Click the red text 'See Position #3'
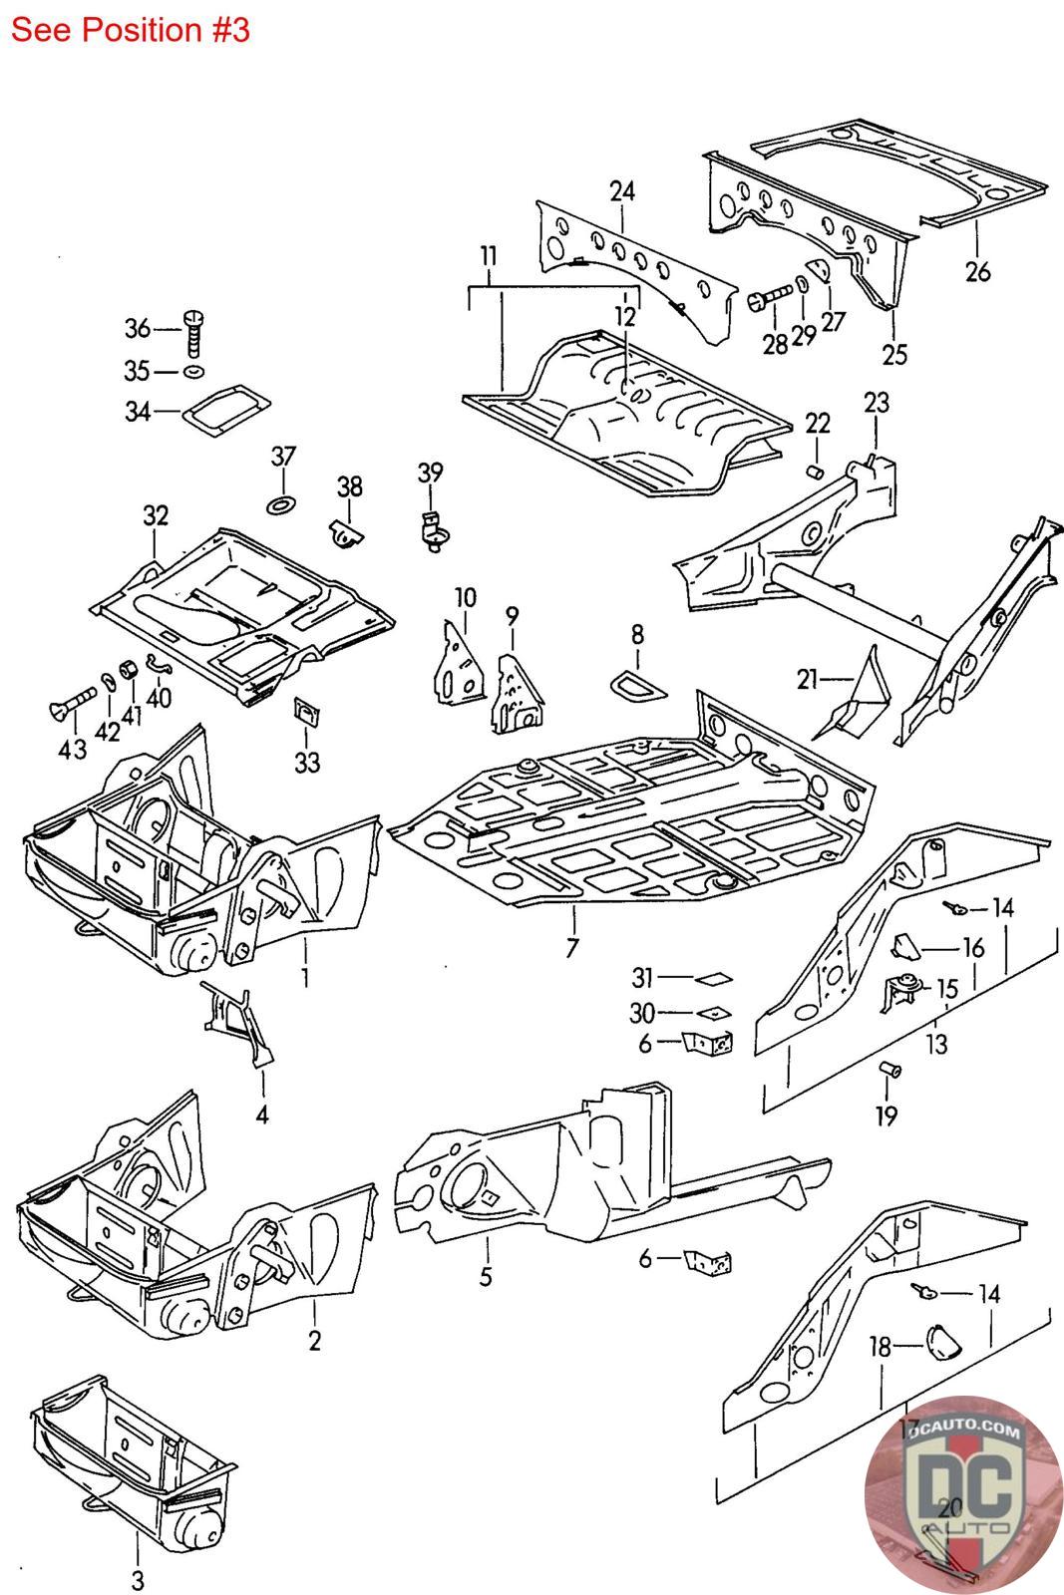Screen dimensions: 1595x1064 coord(130,30)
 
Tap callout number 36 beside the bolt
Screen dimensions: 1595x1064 coord(137,328)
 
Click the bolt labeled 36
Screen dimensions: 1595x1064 coord(194,333)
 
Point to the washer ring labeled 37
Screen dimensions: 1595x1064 coord(283,501)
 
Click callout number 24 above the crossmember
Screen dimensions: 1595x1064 coord(622,190)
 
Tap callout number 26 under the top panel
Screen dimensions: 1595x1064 coord(978,270)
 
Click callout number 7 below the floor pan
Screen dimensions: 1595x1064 coord(571,947)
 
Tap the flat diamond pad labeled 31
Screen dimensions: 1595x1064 coord(714,978)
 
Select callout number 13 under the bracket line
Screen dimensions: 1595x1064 coord(936,1045)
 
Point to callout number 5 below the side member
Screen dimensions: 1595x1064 coord(486,1276)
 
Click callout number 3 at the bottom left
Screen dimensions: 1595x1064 coord(138,1580)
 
